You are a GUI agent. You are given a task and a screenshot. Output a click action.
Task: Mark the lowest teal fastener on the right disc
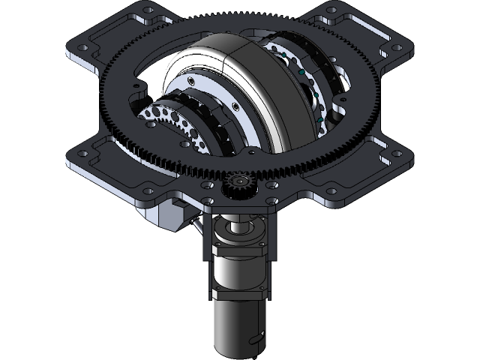click(x=319, y=120)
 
